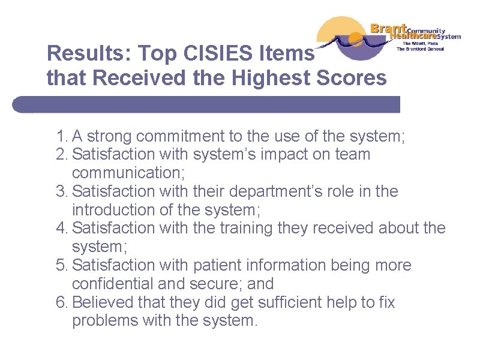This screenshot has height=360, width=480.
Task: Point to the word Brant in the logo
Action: (x=388, y=28)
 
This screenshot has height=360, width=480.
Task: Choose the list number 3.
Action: (x=61, y=191)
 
